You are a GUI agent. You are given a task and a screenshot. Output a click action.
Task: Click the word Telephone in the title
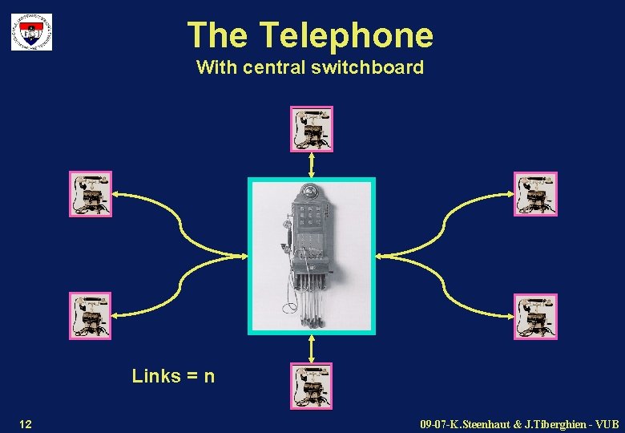(346, 35)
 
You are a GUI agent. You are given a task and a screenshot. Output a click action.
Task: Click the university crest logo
(31, 32)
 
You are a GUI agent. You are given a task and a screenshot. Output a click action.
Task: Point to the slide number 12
(26, 423)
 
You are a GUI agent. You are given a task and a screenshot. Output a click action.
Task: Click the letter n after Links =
(209, 376)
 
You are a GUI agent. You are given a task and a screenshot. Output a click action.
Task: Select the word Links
(155, 376)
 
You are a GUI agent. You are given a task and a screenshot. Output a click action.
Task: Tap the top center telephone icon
(311, 128)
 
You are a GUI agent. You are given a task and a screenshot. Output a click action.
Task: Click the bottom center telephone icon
(311, 386)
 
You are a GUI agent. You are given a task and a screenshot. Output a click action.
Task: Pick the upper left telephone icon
(90, 193)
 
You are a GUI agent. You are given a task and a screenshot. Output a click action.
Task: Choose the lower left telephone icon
(90, 315)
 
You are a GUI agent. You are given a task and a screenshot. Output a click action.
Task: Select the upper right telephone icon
(534, 193)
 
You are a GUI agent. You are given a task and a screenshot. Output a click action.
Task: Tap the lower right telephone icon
(534, 316)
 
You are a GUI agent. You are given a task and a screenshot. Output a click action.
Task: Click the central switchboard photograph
(312, 255)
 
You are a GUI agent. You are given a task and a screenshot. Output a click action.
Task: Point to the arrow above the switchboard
(312, 164)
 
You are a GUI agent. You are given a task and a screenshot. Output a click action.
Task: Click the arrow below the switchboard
(312, 349)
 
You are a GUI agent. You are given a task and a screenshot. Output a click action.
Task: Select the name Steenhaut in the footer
(486, 423)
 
